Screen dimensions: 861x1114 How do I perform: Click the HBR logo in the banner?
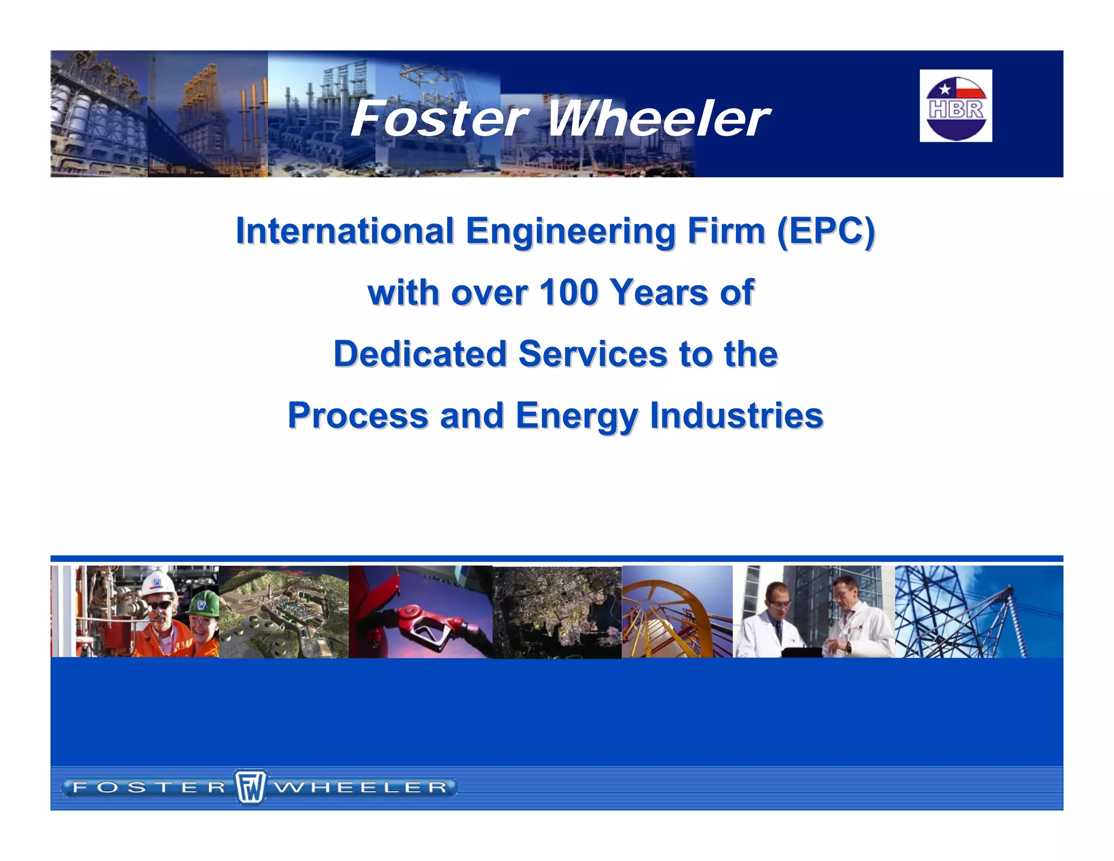click(x=956, y=106)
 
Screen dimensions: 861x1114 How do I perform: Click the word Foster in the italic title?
click(x=438, y=119)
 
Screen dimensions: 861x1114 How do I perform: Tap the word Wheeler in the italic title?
click(x=658, y=119)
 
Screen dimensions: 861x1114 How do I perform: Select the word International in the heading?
click(x=344, y=231)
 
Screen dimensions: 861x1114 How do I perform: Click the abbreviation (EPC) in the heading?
click(x=826, y=231)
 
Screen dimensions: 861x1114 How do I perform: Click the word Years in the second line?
click(x=659, y=292)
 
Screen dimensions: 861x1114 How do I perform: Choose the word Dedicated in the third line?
click(x=420, y=354)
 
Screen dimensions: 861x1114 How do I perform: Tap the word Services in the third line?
click(x=592, y=354)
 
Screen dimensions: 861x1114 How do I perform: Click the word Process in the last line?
click(x=358, y=415)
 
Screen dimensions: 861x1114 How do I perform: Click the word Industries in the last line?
click(x=737, y=415)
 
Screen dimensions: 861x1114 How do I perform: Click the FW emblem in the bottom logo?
click(x=250, y=787)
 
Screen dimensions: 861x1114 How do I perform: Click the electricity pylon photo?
click(x=978, y=612)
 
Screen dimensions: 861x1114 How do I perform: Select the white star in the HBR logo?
click(x=945, y=89)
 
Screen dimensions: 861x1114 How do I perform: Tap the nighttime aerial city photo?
click(x=556, y=612)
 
